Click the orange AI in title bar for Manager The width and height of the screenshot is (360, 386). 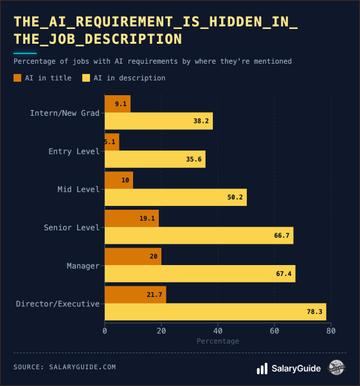click(133, 256)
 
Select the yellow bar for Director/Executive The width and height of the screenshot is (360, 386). click(215, 312)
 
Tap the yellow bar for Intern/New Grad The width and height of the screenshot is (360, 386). click(159, 121)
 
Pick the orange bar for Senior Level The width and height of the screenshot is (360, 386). click(132, 218)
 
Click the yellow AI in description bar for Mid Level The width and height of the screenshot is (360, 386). click(175, 197)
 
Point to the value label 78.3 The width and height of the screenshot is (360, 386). click(314, 312)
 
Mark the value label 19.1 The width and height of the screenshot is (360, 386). click(147, 218)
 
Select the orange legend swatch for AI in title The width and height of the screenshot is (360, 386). click(17, 78)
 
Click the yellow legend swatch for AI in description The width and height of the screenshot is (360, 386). click(86, 78)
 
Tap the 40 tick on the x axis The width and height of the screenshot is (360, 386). click(218, 331)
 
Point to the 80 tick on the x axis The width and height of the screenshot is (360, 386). click(330, 331)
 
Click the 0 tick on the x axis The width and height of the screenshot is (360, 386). click(105, 331)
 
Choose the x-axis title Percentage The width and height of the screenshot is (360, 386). click(217, 341)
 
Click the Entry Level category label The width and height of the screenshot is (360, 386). click(74, 151)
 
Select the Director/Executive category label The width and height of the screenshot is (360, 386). click(58, 304)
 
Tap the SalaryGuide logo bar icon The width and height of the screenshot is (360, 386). click(262, 369)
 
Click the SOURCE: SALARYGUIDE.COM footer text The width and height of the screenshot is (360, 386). click(64, 367)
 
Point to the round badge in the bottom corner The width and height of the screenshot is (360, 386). click(337, 368)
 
